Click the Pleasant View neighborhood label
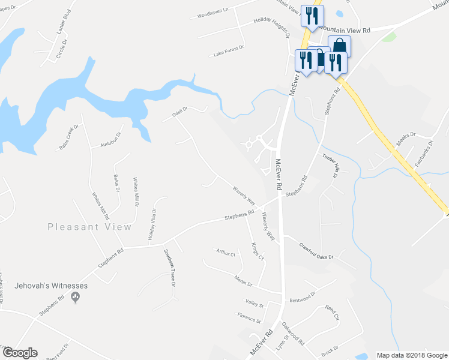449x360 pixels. (89, 227)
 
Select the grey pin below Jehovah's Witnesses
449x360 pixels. (75, 297)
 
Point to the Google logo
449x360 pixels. (19, 353)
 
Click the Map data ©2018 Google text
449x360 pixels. (411, 355)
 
